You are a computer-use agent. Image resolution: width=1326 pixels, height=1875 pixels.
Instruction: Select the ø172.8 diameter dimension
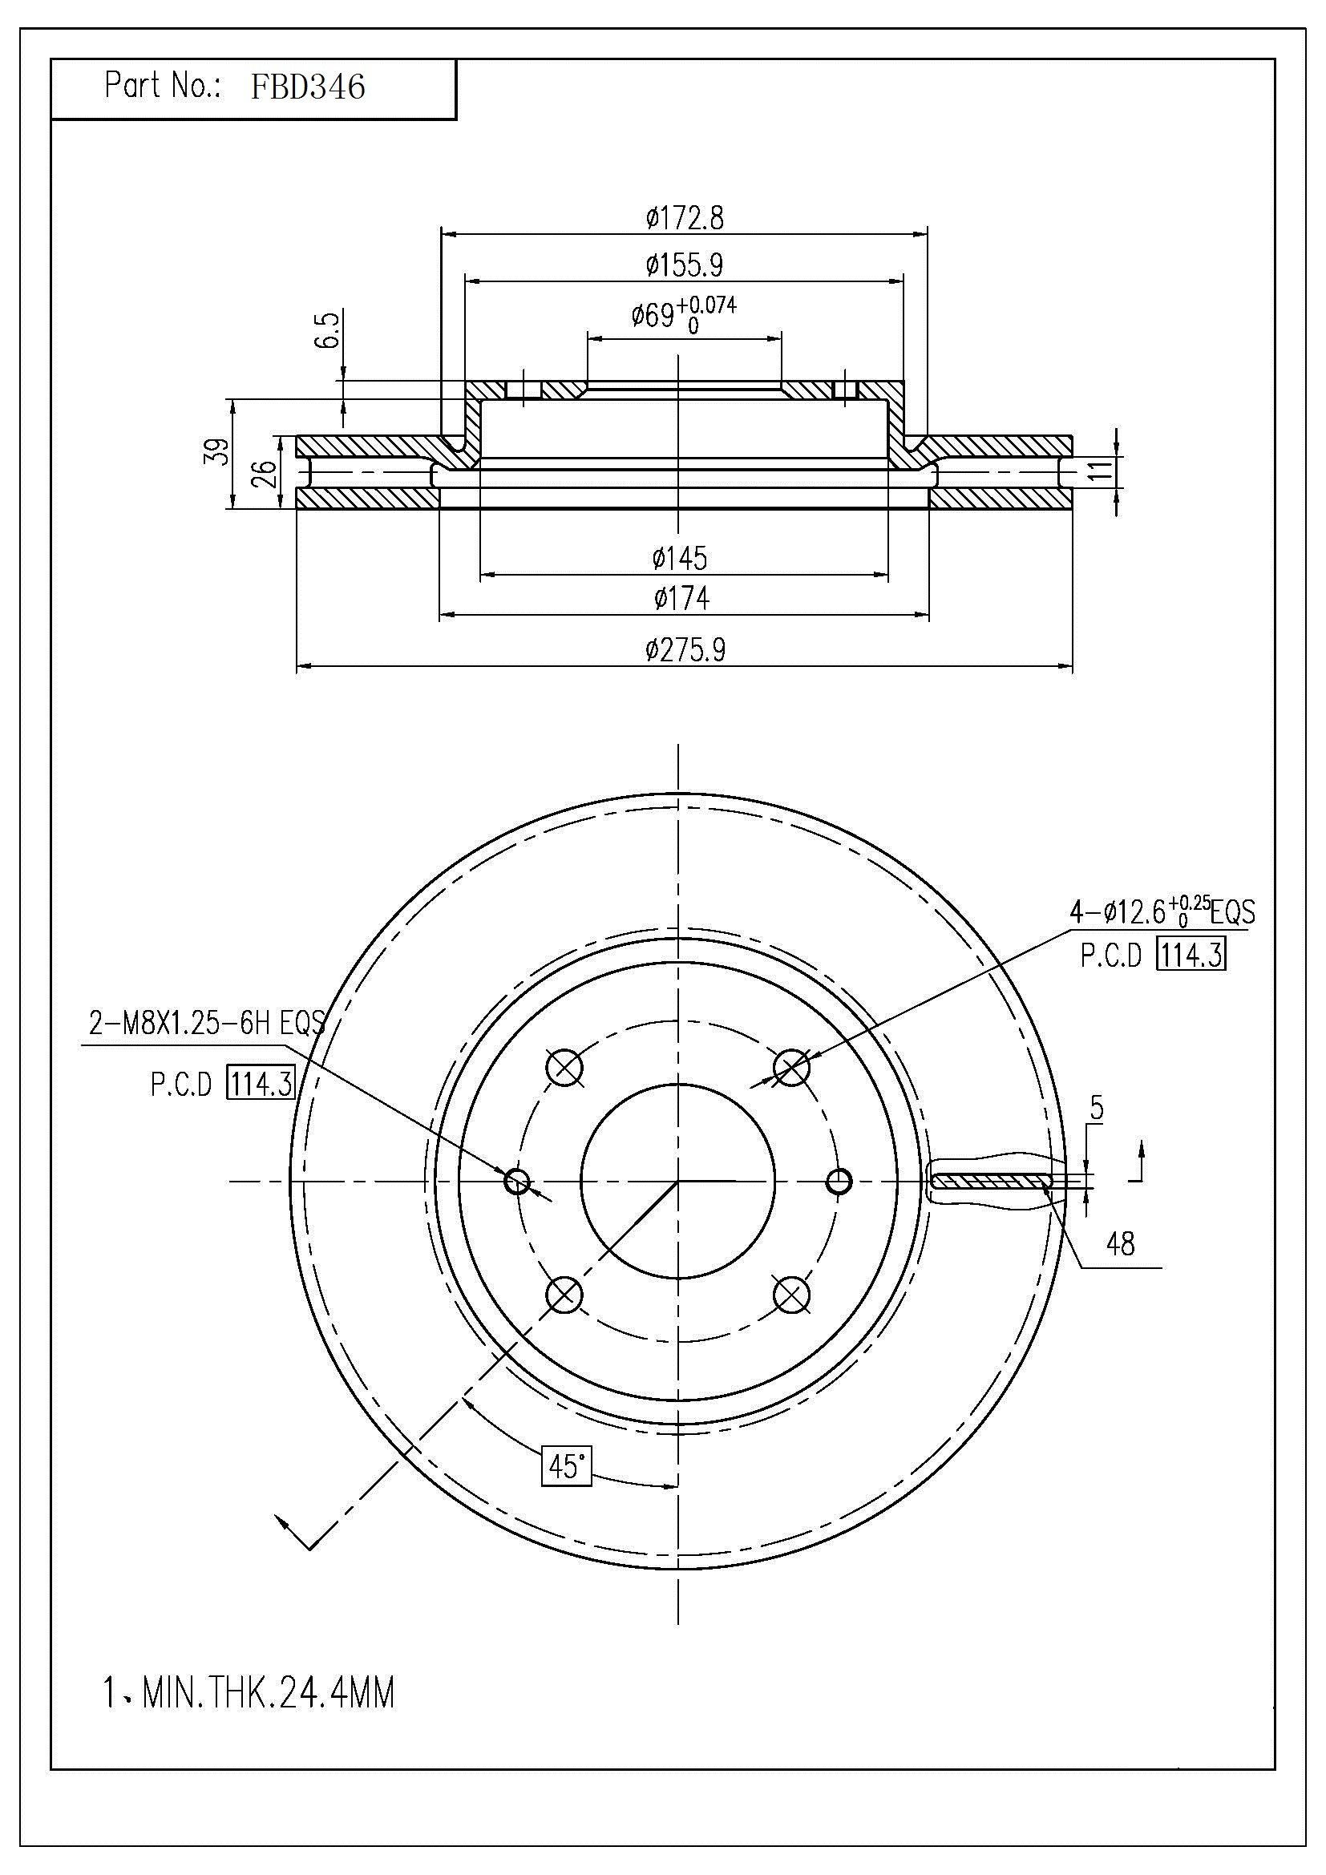pyautogui.click(x=684, y=218)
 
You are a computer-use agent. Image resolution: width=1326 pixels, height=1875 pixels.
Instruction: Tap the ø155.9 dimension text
pyautogui.click(x=684, y=265)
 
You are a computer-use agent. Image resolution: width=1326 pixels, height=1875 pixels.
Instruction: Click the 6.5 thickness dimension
pyautogui.click(x=328, y=329)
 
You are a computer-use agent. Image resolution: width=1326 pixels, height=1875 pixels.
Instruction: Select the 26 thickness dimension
pyautogui.click(x=264, y=472)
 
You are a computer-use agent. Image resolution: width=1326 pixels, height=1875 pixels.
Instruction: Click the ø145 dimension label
pyautogui.click(x=679, y=559)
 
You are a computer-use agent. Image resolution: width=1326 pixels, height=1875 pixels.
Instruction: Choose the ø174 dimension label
pyautogui.click(x=681, y=599)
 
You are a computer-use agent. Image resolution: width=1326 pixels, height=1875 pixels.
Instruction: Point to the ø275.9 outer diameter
pyautogui.click(x=684, y=650)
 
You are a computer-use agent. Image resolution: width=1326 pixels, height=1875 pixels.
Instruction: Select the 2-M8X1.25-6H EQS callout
pyautogui.click(x=207, y=1022)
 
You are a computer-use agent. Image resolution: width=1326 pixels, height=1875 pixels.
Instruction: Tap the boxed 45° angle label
pyautogui.click(x=567, y=1466)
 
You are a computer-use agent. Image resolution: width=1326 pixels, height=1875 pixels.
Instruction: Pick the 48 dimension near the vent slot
pyautogui.click(x=1120, y=1244)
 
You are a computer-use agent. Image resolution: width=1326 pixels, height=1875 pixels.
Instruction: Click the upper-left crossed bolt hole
pyautogui.click(x=564, y=1066)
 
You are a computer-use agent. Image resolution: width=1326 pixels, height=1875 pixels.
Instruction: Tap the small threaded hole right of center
pyautogui.click(x=839, y=1181)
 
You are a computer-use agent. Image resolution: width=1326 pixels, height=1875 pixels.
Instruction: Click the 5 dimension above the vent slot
pyautogui.click(x=1097, y=1108)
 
